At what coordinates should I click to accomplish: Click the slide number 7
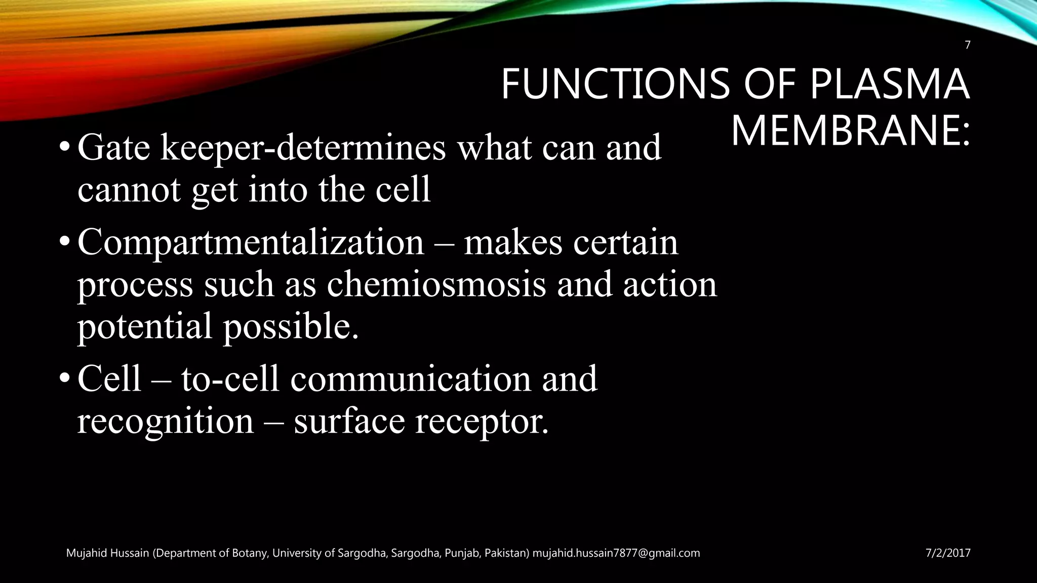(x=967, y=46)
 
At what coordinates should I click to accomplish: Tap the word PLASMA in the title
(x=889, y=85)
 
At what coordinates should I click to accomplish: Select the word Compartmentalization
(x=251, y=243)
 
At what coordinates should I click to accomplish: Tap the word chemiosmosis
(x=436, y=284)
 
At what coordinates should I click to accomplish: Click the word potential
(x=144, y=326)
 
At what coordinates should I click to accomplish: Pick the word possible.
(x=291, y=326)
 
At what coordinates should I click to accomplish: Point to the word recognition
(x=165, y=422)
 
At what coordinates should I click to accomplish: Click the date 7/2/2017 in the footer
(x=948, y=553)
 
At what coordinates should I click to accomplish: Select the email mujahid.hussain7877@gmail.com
(x=616, y=553)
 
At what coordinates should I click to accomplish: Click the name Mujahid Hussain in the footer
(x=108, y=553)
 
